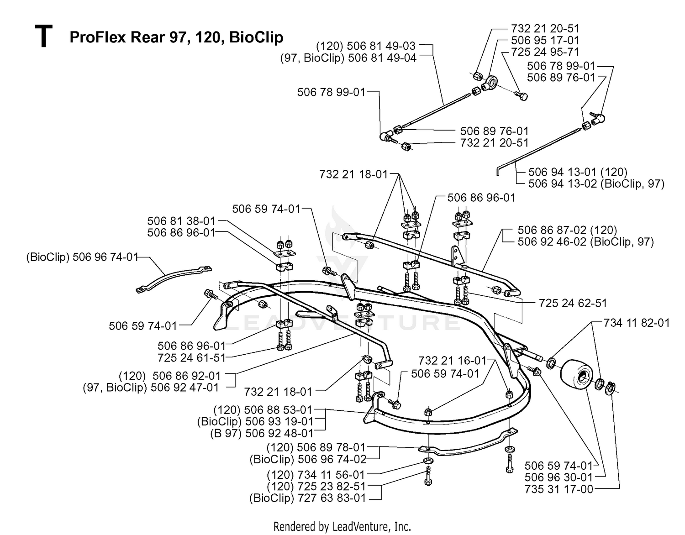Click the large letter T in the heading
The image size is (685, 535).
coord(43,37)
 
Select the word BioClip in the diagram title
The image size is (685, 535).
coord(256,37)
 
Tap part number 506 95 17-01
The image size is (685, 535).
coord(545,40)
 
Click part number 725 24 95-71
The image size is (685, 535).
coord(545,52)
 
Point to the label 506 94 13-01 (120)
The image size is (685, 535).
coord(578,172)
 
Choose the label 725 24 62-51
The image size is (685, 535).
coord(573,303)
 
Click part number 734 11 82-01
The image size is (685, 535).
coord(637,323)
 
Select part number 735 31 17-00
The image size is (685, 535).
coord(559,489)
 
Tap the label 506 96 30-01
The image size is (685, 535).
coord(559,477)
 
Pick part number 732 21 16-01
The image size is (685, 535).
coord(453,361)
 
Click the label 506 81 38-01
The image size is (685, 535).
coord(181,221)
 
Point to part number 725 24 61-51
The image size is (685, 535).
coord(192,358)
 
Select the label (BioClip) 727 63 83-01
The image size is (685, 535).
coord(308,498)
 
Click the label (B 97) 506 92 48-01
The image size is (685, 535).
coord(262,433)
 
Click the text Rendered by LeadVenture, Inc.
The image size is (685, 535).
coord(342,526)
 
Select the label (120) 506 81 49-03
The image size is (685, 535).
coord(366,46)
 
